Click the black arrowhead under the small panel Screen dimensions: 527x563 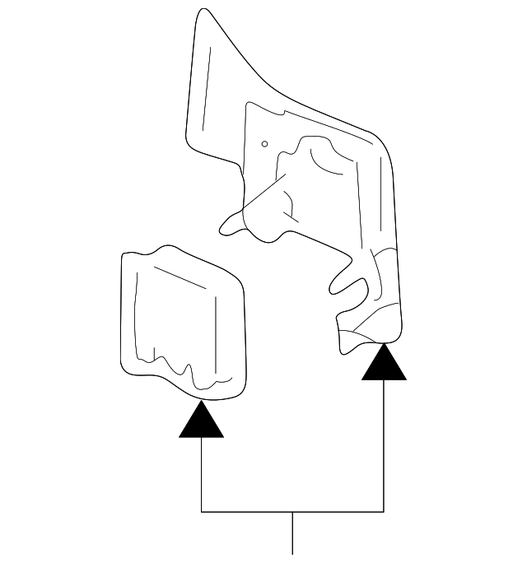(202, 421)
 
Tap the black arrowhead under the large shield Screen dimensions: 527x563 (384, 365)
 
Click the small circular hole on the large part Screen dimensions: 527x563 (264, 144)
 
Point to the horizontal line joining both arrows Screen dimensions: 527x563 (293, 512)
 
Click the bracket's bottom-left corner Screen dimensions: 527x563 (202, 512)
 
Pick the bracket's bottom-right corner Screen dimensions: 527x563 (384, 512)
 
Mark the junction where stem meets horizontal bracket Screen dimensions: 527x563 (293, 512)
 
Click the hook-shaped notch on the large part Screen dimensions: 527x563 (350, 284)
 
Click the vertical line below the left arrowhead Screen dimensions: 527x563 (202, 473)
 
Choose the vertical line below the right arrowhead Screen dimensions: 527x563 (384, 444)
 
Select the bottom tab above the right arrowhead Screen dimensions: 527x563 (362, 333)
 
